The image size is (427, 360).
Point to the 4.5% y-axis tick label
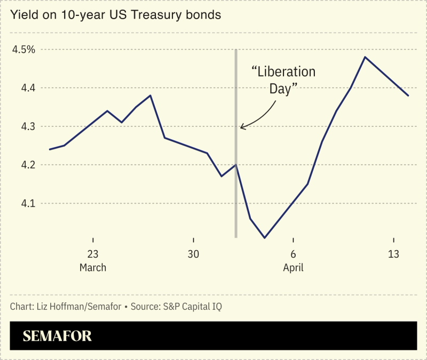coord(23,50)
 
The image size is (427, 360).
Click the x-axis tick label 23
coord(93,254)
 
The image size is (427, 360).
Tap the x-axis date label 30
coord(193,254)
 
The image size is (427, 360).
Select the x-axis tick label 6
coord(293,254)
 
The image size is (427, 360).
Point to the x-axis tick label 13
coord(393,254)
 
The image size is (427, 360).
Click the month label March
coord(93,267)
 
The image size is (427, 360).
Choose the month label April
coord(293,267)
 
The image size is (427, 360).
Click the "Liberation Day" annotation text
coord(283,80)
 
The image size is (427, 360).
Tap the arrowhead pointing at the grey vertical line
coord(242,127)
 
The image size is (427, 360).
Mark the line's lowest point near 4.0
coord(264,238)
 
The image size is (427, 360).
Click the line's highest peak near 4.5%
coord(365,57)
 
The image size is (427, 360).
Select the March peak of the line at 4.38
coord(151,95)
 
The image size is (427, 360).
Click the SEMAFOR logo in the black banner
coord(57,336)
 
